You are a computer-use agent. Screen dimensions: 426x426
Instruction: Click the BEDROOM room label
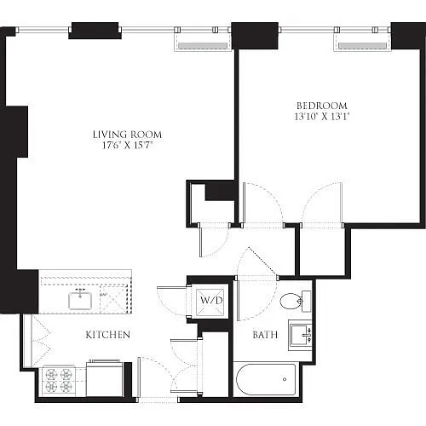click(x=322, y=106)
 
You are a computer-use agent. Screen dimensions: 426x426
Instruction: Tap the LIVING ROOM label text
click(x=127, y=135)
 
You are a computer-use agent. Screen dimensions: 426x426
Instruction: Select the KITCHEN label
click(x=108, y=335)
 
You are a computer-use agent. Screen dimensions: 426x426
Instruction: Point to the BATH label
click(x=265, y=335)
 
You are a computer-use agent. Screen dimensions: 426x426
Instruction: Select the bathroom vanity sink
click(x=301, y=335)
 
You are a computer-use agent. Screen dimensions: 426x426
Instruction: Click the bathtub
click(x=266, y=379)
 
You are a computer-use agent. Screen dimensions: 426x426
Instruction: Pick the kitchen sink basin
click(x=80, y=301)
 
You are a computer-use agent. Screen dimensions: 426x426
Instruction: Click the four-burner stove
click(x=59, y=381)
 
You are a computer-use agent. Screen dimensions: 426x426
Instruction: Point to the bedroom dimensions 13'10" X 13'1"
click(x=322, y=117)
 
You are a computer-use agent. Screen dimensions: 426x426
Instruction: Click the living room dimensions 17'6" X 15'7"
click(x=127, y=146)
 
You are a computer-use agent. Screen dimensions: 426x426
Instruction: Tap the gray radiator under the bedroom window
click(x=362, y=46)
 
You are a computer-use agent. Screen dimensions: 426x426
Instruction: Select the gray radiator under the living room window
click(x=203, y=46)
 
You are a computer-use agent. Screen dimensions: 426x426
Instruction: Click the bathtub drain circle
click(x=285, y=379)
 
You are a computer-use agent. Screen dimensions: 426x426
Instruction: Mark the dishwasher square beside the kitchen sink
click(x=112, y=299)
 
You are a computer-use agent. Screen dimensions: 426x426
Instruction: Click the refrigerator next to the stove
click(x=105, y=378)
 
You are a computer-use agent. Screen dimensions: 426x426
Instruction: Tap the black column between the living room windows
click(x=95, y=31)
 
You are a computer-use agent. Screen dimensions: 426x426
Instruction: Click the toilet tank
click(x=307, y=302)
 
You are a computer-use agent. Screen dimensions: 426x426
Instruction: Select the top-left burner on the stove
click(x=51, y=374)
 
